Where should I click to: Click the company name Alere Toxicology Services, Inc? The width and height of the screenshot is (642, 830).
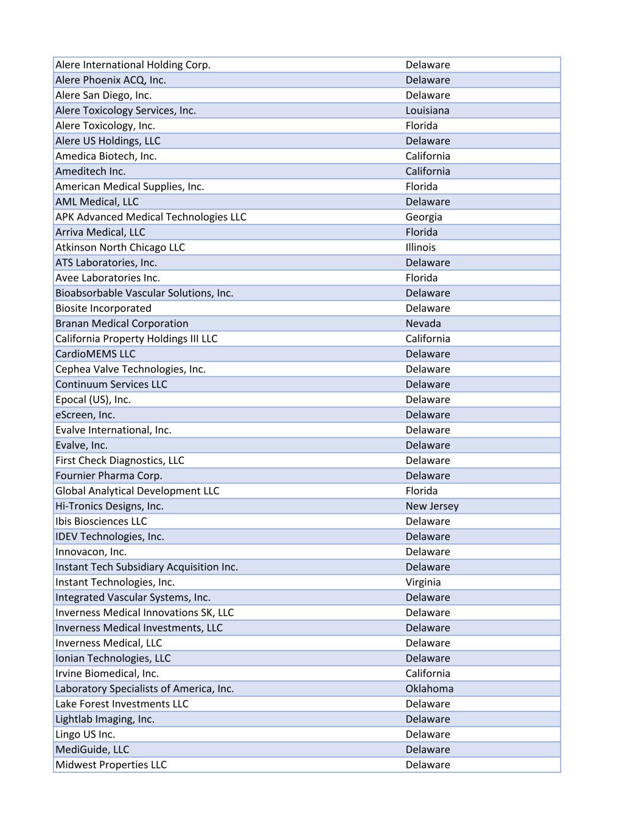click(125, 111)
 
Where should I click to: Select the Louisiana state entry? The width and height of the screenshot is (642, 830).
click(427, 111)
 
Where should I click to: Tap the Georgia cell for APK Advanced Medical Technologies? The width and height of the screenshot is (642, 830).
click(424, 217)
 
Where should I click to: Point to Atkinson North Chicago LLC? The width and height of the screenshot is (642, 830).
click(120, 247)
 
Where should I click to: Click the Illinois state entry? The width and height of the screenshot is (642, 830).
click(420, 247)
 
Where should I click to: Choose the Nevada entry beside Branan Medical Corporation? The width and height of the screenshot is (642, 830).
click(423, 323)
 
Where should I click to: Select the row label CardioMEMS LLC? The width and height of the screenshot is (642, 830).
click(95, 354)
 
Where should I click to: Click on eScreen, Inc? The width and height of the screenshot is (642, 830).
click(85, 415)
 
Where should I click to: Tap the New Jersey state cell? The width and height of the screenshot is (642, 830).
click(432, 506)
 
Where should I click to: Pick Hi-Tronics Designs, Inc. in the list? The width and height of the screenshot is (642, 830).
click(110, 506)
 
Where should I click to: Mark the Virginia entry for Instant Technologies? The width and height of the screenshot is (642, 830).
click(423, 582)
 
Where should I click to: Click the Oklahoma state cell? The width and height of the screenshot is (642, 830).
click(429, 688)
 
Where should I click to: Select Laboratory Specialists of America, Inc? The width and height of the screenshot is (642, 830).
click(144, 688)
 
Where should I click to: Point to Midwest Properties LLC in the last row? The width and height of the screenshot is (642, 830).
click(111, 764)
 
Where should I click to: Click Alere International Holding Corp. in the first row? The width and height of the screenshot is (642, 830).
click(133, 65)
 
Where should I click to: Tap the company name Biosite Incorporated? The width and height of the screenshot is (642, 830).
click(103, 308)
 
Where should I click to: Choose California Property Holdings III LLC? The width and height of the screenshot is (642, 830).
click(136, 339)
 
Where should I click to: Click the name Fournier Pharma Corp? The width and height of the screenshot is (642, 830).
click(109, 476)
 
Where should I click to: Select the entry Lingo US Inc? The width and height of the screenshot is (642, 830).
click(85, 734)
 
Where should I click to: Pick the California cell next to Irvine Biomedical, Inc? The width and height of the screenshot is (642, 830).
click(428, 673)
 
